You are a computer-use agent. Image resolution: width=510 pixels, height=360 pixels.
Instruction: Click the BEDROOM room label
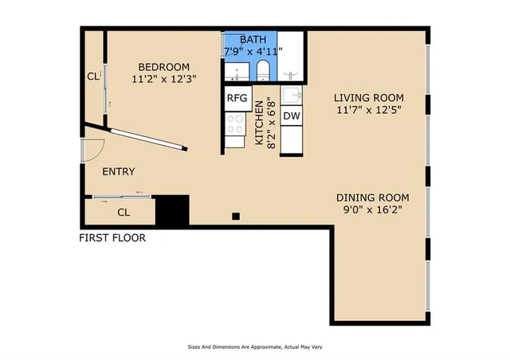click(x=163, y=66)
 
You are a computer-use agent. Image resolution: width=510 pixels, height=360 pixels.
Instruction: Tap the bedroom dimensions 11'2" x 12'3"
click(x=163, y=79)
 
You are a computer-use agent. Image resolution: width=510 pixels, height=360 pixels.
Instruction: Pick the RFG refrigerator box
click(x=237, y=98)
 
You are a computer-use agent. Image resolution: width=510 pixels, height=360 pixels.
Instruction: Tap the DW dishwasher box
click(x=292, y=116)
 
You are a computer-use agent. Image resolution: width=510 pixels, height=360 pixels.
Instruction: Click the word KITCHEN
click(x=259, y=127)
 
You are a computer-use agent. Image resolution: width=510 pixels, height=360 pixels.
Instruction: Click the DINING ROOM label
click(x=372, y=198)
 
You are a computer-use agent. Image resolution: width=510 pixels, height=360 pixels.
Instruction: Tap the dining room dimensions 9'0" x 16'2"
click(x=372, y=211)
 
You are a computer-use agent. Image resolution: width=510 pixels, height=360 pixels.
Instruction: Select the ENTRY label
click(x=119, y=171)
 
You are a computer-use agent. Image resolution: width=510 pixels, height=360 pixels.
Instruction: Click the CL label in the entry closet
click(x=124, y=212)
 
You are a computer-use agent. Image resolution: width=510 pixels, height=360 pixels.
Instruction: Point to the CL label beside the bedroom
click(x=92, y=77)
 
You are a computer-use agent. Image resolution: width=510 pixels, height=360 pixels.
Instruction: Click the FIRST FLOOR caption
click(x=112, y=237)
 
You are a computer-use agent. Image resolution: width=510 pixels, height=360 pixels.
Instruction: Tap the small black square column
click(x=236, y=215)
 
